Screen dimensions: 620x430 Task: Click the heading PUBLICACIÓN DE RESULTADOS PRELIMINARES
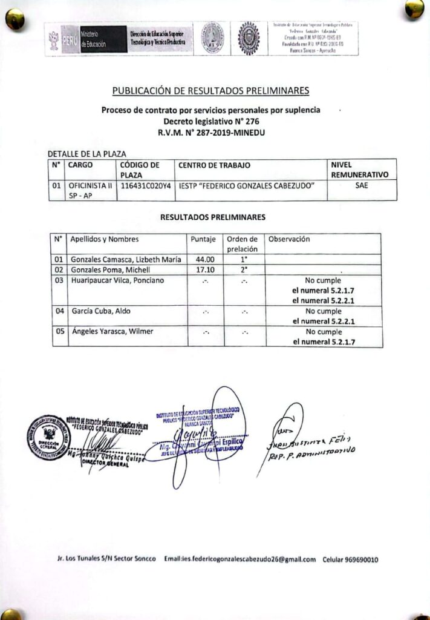pyautogui.click(x=210, y=91)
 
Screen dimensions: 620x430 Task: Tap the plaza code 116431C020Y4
pyautogui.click(x=146, y=186)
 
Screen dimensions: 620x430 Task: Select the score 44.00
pyautogui.click(x=202, y=260)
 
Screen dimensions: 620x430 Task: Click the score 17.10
pyautogui.click(x=202, y=269)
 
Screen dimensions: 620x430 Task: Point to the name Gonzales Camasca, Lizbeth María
pyautogui.click(x=126, y=260)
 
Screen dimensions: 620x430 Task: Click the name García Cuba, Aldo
pyautogui.click(x=101, y=311)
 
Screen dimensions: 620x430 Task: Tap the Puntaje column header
pyautogui.click(x=203, y=239)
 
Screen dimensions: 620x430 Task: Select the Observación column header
pyautogui.click(x=289, y=239)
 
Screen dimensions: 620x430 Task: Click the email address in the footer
pyautogui.click(x=240, y=559)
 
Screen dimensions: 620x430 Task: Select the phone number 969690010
pyautogui.click(x=359, y=559)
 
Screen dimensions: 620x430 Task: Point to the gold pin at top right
pyautogui.click(x=414, y=8)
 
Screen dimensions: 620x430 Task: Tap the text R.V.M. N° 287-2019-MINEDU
pyautogui.click(x=210, y=132)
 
